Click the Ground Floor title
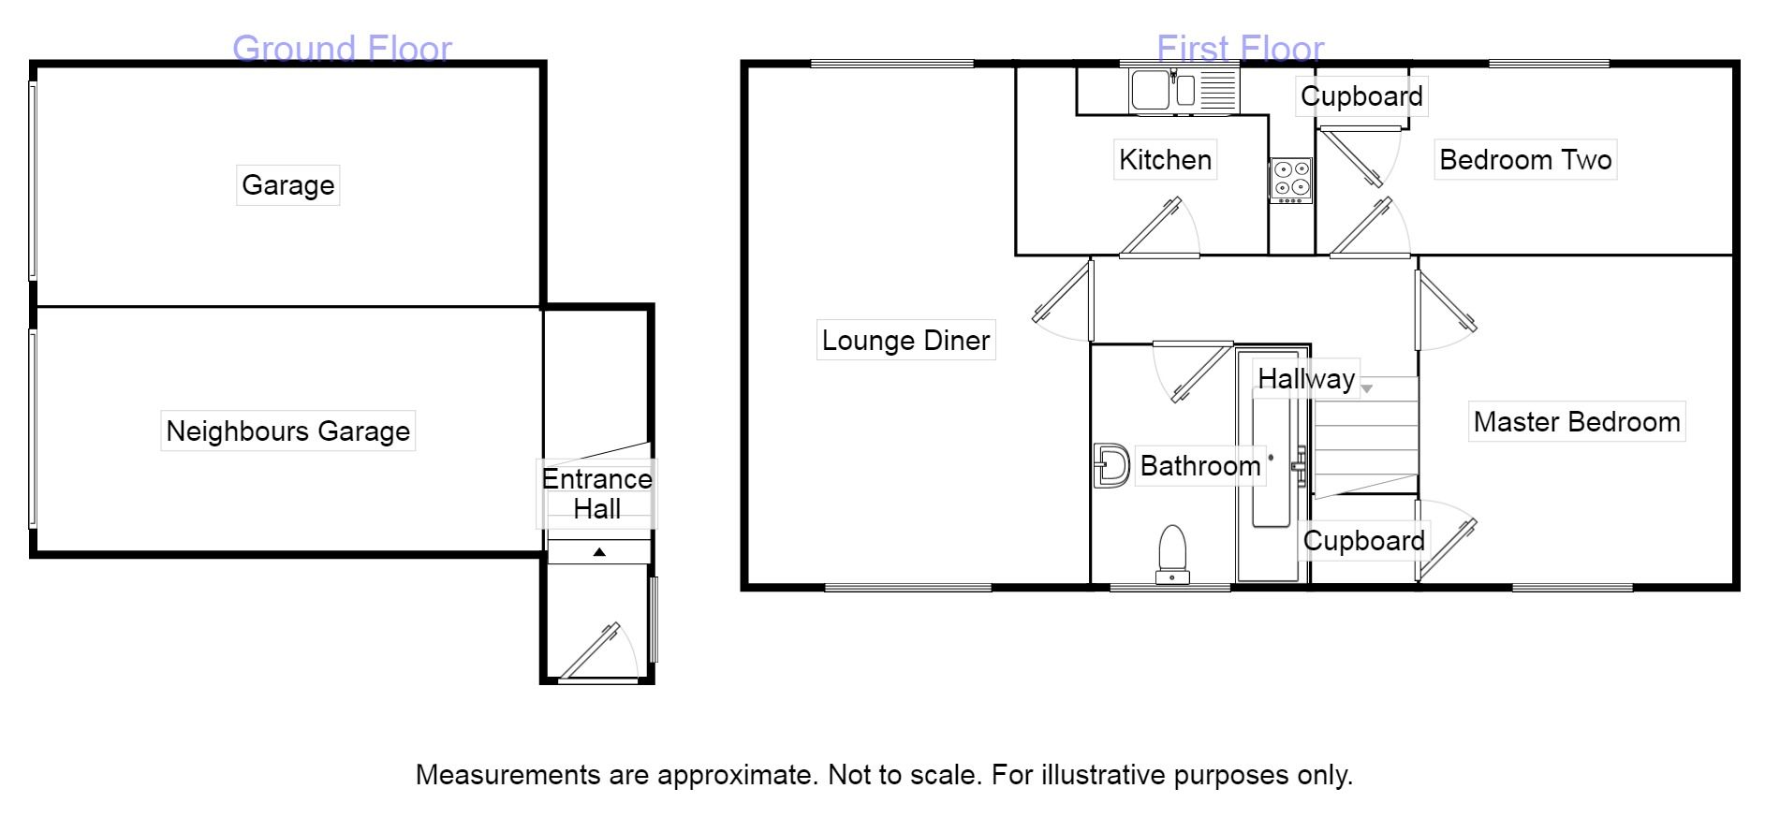342,48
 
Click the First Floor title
1240,48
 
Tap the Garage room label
287,185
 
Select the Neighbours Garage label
287,431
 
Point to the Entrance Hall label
596,494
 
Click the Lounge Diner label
905,341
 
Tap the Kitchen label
1165,160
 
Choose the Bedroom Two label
1525,160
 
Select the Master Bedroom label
1577,422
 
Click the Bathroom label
1200,466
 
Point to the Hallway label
1306,379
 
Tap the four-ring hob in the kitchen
1290,180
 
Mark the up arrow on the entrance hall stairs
599,552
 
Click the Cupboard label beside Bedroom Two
1361,96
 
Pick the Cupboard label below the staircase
1363,541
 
